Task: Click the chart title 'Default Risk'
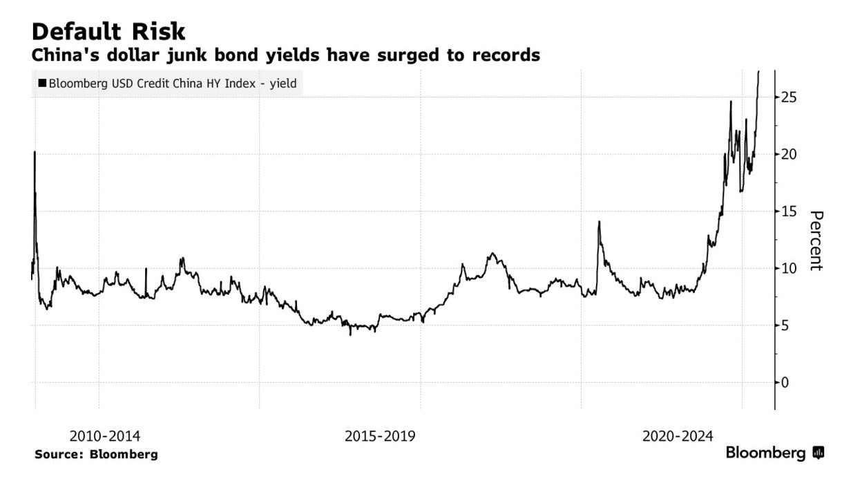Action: pyautogui.click(x=108, y=32)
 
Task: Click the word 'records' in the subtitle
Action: pyautogui.click(x=506, y=55)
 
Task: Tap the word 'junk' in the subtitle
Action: pyautogui.click(x=204, y=55)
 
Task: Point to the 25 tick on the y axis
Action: pyautogui.click(x=790, y=97)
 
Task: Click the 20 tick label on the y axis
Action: pyautogui.click(x=790, y=154)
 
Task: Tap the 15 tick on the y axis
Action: pyautogui.click(x=790, y=211)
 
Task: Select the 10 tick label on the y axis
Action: pyautogui.click(x=790, y=268)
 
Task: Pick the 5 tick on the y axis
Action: pyautogui.click(x=786, y=326)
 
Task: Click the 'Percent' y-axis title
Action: pyautogui.click(x=816, y=240)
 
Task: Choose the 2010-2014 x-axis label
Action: pyautogui.click(x=105, y=436)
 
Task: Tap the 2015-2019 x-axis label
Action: pyautogui.click(x=380, y=436)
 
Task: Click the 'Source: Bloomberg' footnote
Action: pyautogui.click(x=96, y=454)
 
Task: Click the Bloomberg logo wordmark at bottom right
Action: pyautogui.click(x=765, y=453)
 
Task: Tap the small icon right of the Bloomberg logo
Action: pyautogui.click(x=819, y=453)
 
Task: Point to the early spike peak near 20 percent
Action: pyautogui.click(x=35, y=152)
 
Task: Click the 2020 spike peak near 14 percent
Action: pyautogui.click(x=599, y=222)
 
